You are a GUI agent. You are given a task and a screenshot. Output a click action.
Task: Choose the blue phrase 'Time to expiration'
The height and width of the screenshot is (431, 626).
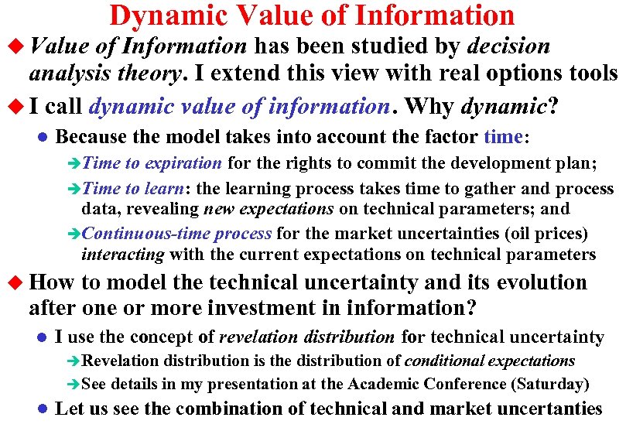coord(152,163)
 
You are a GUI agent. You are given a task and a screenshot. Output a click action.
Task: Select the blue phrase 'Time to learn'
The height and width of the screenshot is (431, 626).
coord(132,189)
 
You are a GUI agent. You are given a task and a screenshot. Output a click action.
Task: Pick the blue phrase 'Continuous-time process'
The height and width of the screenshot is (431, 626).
coord(176,233)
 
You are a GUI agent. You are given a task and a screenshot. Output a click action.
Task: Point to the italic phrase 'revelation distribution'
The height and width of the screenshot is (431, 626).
coord(306,337)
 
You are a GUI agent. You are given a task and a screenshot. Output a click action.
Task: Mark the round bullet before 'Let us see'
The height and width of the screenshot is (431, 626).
coord(44,409)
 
